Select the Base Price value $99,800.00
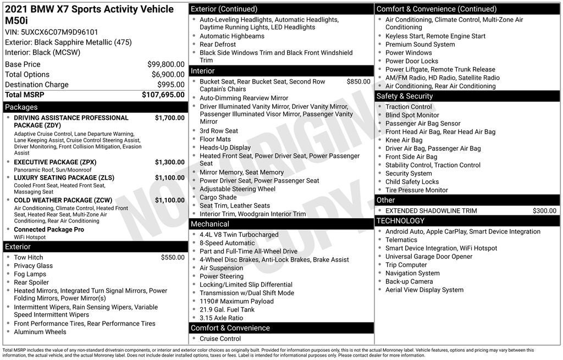point(165,64)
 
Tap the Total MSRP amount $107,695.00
point(163,95)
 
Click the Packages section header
point(21,107)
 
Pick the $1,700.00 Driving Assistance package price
point(169,118)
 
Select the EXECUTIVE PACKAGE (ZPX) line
point(55,162)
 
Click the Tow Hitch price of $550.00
point(173,257)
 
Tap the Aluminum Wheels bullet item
point(40,332)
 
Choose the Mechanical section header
point(210,224)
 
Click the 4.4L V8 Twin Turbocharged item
point(239,235)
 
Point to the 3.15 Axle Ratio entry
point(221,318)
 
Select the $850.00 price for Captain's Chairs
point(358,81)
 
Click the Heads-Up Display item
point(225,147)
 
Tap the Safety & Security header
point(405,96)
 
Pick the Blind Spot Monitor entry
point(412,115)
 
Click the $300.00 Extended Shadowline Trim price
point(544,211)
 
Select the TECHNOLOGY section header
point(400,221)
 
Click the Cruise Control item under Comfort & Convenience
point(220,339)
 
